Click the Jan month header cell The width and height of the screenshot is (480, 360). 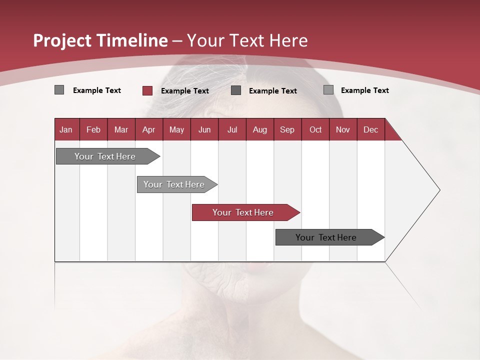pos(66,129)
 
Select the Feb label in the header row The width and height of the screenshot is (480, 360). pos(93,129)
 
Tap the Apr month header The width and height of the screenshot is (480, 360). pos(148,129)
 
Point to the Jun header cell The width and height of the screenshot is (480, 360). pos(204,129)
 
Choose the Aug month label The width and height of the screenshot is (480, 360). pos(259,129)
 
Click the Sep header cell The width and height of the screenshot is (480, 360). pos(287,129)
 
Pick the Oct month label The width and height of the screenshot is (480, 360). pos(315,129)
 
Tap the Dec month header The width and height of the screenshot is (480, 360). pos(370,129)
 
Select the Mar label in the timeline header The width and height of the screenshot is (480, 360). pos(121,129)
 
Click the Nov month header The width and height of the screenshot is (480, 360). pos(342,129)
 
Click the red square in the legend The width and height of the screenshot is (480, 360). pos(147,90)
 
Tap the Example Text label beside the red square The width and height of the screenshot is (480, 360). pos(185,91)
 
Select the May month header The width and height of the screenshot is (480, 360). pos(176,129)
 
